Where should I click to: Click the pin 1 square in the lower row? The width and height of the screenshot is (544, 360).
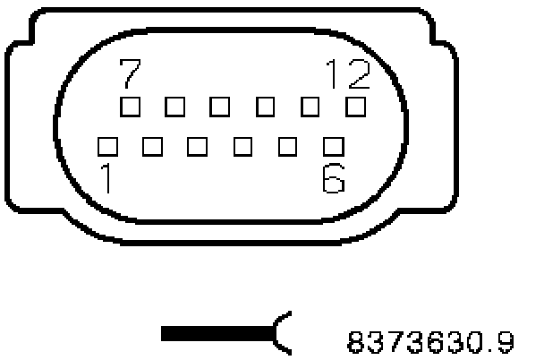tap(107, 144)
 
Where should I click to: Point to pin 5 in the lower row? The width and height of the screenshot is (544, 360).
tap(288, 144)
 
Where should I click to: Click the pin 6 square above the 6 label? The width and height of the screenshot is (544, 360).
tap(334, 144)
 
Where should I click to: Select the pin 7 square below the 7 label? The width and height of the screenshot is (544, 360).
tap(131, 107)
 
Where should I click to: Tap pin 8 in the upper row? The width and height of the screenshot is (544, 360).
tap(175, 107)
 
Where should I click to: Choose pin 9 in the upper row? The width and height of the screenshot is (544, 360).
tap(221, 107)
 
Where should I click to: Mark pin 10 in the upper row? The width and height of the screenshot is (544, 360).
tap(266, 107)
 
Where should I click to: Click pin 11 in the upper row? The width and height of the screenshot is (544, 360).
tap(311, 107)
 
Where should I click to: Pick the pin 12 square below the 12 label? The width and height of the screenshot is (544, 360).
tap(356, 107)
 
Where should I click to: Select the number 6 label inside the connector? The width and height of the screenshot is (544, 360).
tap(333, 178)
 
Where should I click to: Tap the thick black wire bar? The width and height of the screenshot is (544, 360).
tap(215, 335)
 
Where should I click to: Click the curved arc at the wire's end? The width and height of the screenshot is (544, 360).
tap(281, 334)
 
